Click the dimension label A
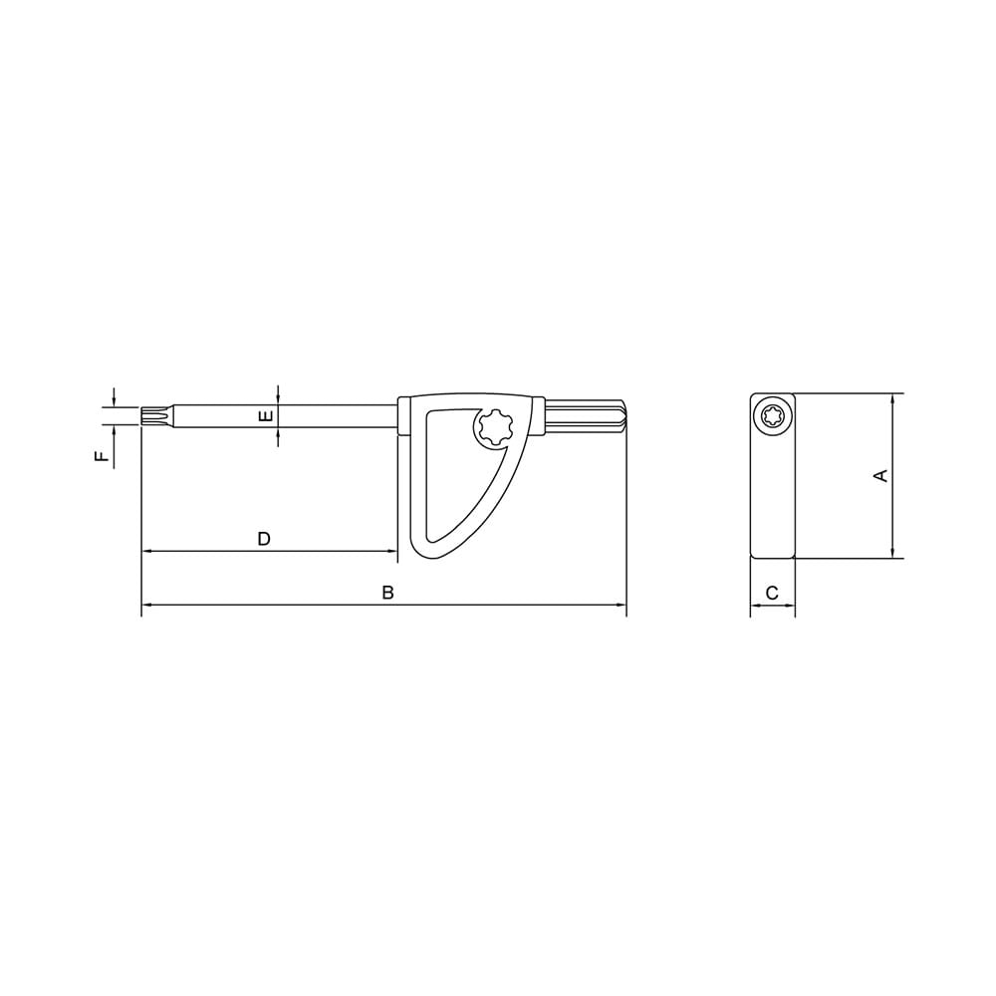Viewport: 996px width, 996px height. click(x=879, y=476)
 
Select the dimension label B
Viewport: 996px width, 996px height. click(x=388, y=593)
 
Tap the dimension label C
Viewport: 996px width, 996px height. click(x=772, y=593)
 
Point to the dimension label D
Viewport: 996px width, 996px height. click(x=264, y=539)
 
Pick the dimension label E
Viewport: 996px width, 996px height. click(x=266, y=416)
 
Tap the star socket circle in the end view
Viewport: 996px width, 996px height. click(x=772, y=415)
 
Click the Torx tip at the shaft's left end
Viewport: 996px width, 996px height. click(x=155, y=414)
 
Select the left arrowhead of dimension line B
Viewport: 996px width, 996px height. click(x=146, y=605)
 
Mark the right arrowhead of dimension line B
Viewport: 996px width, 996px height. click(x=622, y=605)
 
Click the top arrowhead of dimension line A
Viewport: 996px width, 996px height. click(x=892, y=398)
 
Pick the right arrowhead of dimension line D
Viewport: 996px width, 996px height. click(x=393, y=551)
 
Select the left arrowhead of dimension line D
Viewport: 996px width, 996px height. click(x=146, y=551)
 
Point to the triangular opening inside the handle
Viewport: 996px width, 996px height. click(x=453, y=478)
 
